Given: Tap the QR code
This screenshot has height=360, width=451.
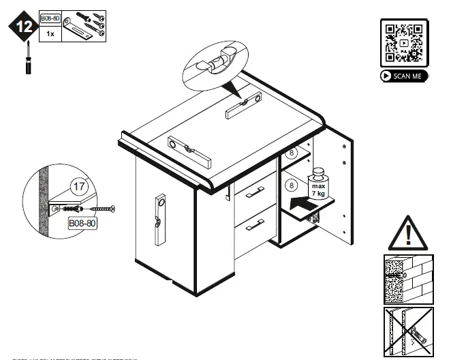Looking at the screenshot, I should click(x=403, y=43).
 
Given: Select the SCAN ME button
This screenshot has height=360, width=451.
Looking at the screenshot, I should click(x=404, y=76).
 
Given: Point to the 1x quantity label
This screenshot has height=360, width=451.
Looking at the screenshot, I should click(x=49, y=33).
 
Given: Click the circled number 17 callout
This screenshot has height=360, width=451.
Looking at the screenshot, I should click(x=79, y=185).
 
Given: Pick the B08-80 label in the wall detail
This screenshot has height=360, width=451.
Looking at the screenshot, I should click(x=82, y=222).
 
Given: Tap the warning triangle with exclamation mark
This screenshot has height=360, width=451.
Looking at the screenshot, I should click(x=407, y=232).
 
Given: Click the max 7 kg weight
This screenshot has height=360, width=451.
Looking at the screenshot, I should click(x=318, y=184).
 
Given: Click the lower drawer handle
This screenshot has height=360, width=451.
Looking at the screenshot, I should click(x=255, y=223).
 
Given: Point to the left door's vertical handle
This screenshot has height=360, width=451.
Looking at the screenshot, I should click(x=161, y=222).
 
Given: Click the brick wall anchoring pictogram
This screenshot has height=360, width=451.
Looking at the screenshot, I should click(x=407, y=280).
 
